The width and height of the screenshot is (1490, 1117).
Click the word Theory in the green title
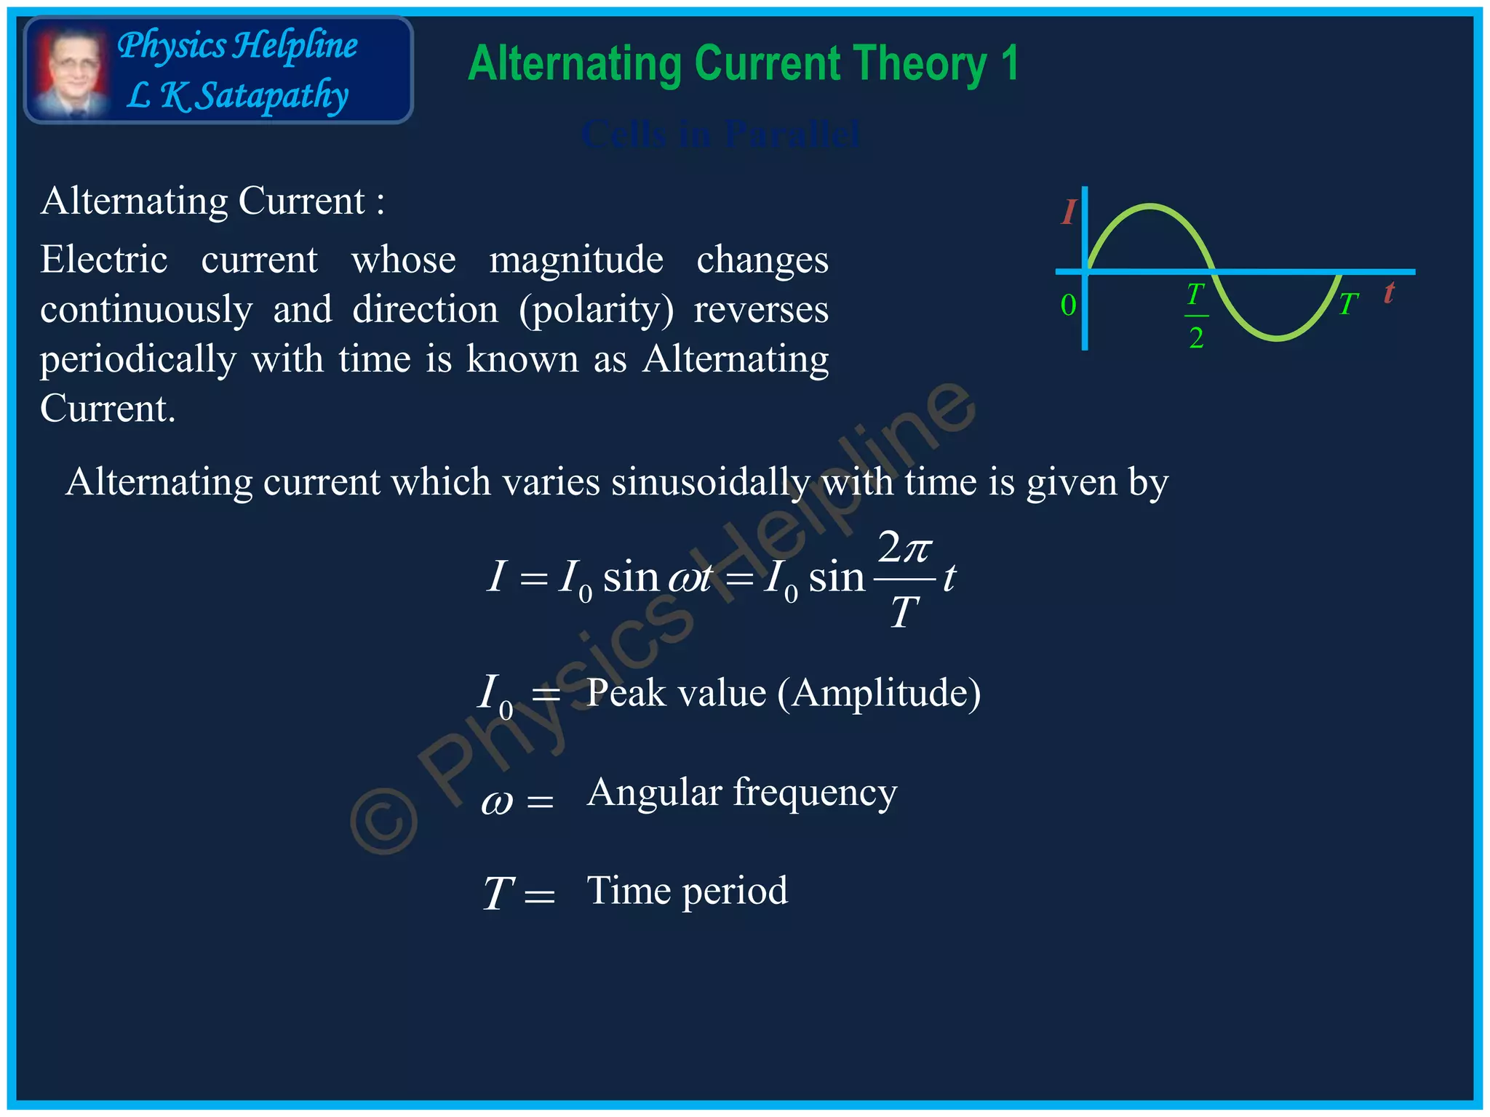tap(913, 64)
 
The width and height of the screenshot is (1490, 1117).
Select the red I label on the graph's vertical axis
tap(1067, 212)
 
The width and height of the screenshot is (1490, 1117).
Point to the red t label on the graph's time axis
tap(1389, 293)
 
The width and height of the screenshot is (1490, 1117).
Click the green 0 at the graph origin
tap(1068, 305)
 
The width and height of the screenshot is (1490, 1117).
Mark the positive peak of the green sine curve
tap(1150, 207)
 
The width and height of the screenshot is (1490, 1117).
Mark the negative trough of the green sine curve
tap(1278, 338)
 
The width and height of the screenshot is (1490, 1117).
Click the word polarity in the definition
tap(597, 310)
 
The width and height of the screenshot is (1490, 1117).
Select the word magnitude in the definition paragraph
tap(575, 260)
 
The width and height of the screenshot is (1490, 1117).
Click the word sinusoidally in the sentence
tap(710, 482)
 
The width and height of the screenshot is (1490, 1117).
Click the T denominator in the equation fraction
tap(904, 612)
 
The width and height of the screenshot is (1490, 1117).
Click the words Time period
tap(687, 891)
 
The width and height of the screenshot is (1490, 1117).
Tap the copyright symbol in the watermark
tap(383, 820)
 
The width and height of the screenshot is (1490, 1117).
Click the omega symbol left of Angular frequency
tap(497, 802)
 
